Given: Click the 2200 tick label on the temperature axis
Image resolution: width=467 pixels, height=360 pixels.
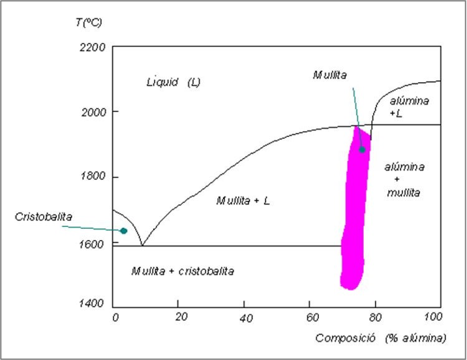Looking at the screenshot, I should tap(92, 47).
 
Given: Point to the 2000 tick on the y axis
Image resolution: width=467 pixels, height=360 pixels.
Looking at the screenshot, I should tap(92, 112).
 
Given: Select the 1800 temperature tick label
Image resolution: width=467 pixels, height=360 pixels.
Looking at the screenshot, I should tap(92, 177).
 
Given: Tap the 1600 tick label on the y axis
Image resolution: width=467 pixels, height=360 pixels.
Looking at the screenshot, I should tap(92, 243).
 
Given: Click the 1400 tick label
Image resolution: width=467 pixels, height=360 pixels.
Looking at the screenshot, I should tap(92, 304).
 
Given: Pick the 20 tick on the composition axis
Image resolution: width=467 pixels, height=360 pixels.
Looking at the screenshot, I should tap(181, 318).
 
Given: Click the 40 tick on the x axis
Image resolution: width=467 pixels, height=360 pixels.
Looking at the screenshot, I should tap(246, 318).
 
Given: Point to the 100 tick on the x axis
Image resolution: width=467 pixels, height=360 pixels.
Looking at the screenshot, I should tap(432, 318).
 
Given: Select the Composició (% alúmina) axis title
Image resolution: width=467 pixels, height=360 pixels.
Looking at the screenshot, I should tap(381, 338).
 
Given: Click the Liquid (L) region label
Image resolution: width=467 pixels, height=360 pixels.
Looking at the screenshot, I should tap(172, 83).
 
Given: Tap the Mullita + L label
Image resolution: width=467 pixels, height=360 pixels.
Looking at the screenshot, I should tap(243, 201).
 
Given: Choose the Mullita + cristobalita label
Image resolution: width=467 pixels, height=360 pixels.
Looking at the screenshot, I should tap(182, 271).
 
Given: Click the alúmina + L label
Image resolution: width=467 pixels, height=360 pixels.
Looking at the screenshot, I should tap(410, 106).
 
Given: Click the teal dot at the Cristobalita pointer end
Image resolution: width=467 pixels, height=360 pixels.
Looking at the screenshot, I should tap(124, 231).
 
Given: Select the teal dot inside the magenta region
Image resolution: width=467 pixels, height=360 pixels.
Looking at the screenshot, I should tap(362, 149).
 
